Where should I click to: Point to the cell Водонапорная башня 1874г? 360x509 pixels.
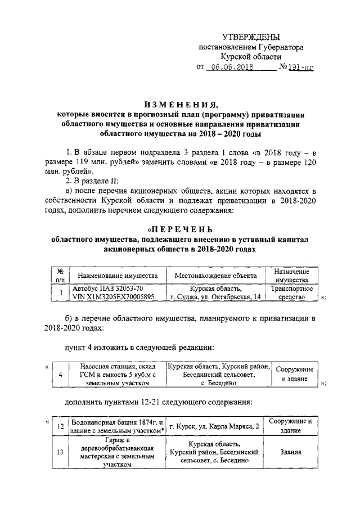point(118,426)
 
